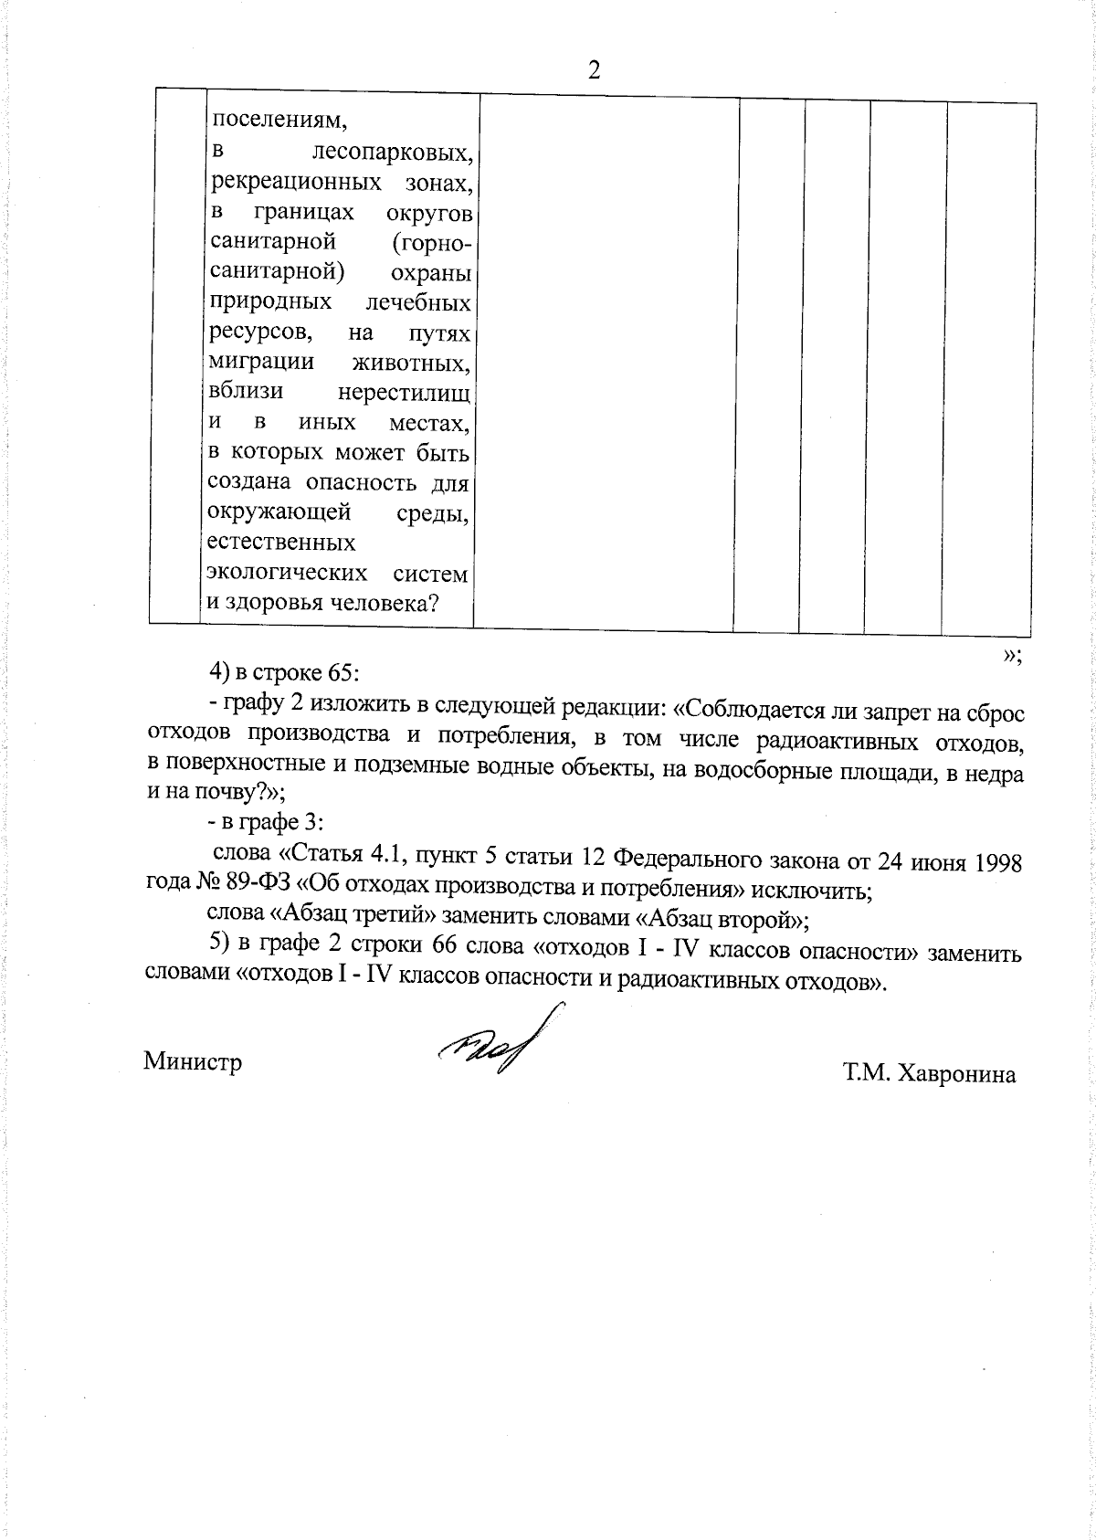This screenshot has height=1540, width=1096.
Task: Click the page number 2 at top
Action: [x=594, y=71]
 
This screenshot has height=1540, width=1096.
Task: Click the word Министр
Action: [x=193, y=1062]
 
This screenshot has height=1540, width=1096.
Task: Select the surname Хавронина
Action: [x=956, y=1075]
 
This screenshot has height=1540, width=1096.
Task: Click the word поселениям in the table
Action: [x=279, y=121]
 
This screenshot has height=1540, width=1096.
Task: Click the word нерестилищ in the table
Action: [x=404, y=393]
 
